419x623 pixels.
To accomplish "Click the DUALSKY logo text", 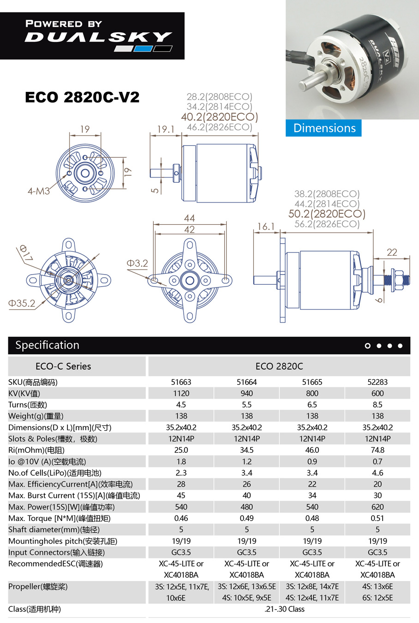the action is click(x=98, y=37).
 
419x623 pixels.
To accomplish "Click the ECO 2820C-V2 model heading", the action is click(x=82, y=97).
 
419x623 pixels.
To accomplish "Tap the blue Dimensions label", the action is click(x=324, y=128).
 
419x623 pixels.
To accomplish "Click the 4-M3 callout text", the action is click(x=39, y=191).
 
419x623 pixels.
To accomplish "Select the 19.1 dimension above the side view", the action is click(x=166, y=129).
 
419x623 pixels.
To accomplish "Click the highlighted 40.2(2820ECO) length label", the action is click(x=220, y=117).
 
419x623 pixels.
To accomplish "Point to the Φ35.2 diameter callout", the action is click(x=22, y=303).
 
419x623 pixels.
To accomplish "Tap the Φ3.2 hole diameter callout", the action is click(x=138, y=263).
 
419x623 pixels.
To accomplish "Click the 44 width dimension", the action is click(x=189, y=218).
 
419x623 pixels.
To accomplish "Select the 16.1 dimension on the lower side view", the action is click(x=266, y=227).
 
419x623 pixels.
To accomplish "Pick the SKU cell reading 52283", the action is click(x=377, y=382).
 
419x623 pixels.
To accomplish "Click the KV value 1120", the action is click(x=181, y=394).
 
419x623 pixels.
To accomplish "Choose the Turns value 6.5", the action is click(x=312, y=405).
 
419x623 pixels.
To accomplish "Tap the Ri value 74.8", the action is click(x=377, y=450).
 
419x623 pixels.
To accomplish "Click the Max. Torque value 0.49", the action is click(x=246, y=518).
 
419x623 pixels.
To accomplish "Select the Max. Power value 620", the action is click(x=377, y=507).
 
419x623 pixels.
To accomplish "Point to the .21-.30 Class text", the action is click(x=284, y=609).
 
